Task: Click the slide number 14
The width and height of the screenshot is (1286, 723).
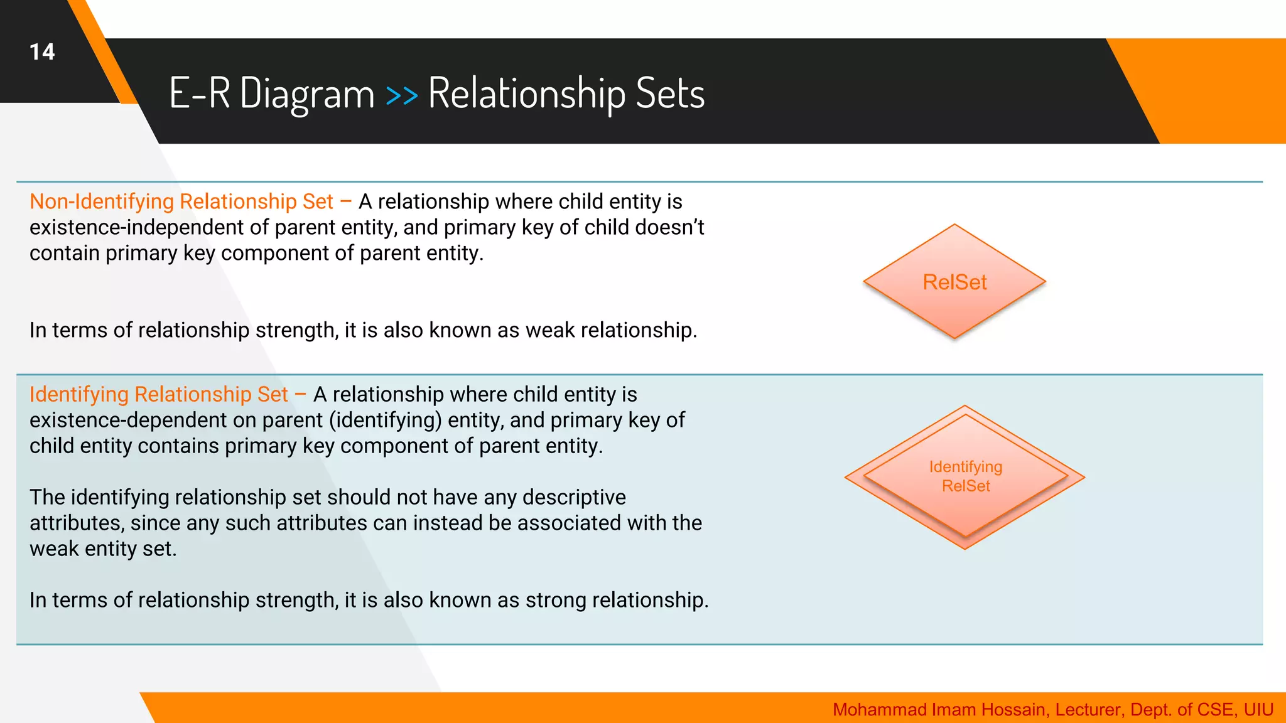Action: pyautogui.click(x=42, y=52)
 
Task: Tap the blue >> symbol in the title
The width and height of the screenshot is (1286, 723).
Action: pyautogui.click(x=401, y=95)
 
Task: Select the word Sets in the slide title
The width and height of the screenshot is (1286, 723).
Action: pyautogui.click(x=670, y=94)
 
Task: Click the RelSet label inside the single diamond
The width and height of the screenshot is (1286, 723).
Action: pyautogui.click(x=954, y=282)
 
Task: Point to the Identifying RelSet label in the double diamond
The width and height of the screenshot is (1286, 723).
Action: pyautogui.click(x=966, y=476)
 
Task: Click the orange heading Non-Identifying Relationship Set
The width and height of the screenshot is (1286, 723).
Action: pyautogui.click(x=181, y=201)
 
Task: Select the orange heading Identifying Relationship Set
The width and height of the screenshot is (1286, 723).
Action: pyautogui.click(x=159, y=394)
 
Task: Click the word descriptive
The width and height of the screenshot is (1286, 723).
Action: pyautogui.click(x=574, y=497)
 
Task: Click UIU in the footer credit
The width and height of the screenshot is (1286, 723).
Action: pyautogui.click(x=1258, y=710)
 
